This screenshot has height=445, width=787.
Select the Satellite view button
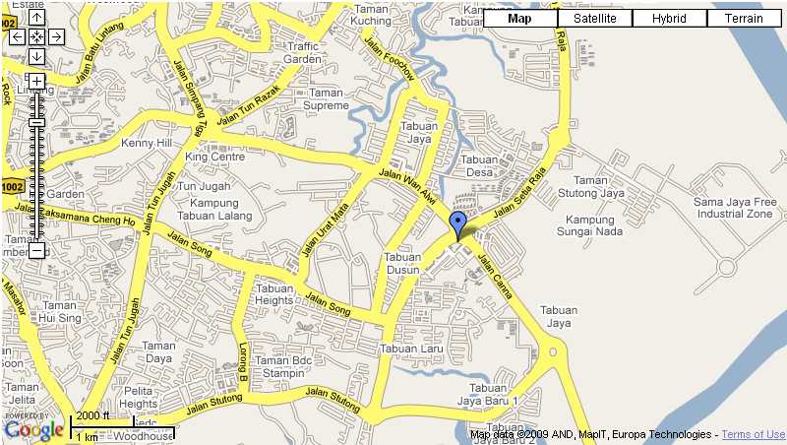(x=595, y=18)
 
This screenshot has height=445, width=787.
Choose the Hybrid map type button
(x=669, y=18)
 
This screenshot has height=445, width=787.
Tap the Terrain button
(x=744, y=18)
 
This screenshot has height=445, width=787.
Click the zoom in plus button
(x=36, y=81)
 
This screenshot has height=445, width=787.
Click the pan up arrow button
(x=36, y=18)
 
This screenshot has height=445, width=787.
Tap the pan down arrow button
(x=36, y=55)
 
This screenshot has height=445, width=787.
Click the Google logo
(x=33, y=429)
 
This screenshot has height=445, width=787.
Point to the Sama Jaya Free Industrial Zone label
(x=735, y=208)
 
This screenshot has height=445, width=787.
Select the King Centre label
(x=214, y=157)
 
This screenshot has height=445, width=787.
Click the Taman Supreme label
(x=327, y=98)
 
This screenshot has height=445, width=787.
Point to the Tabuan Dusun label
(x=402, y=264)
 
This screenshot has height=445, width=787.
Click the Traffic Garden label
(x=303, y=53)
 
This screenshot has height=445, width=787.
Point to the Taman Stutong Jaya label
(x=599, y=187)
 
